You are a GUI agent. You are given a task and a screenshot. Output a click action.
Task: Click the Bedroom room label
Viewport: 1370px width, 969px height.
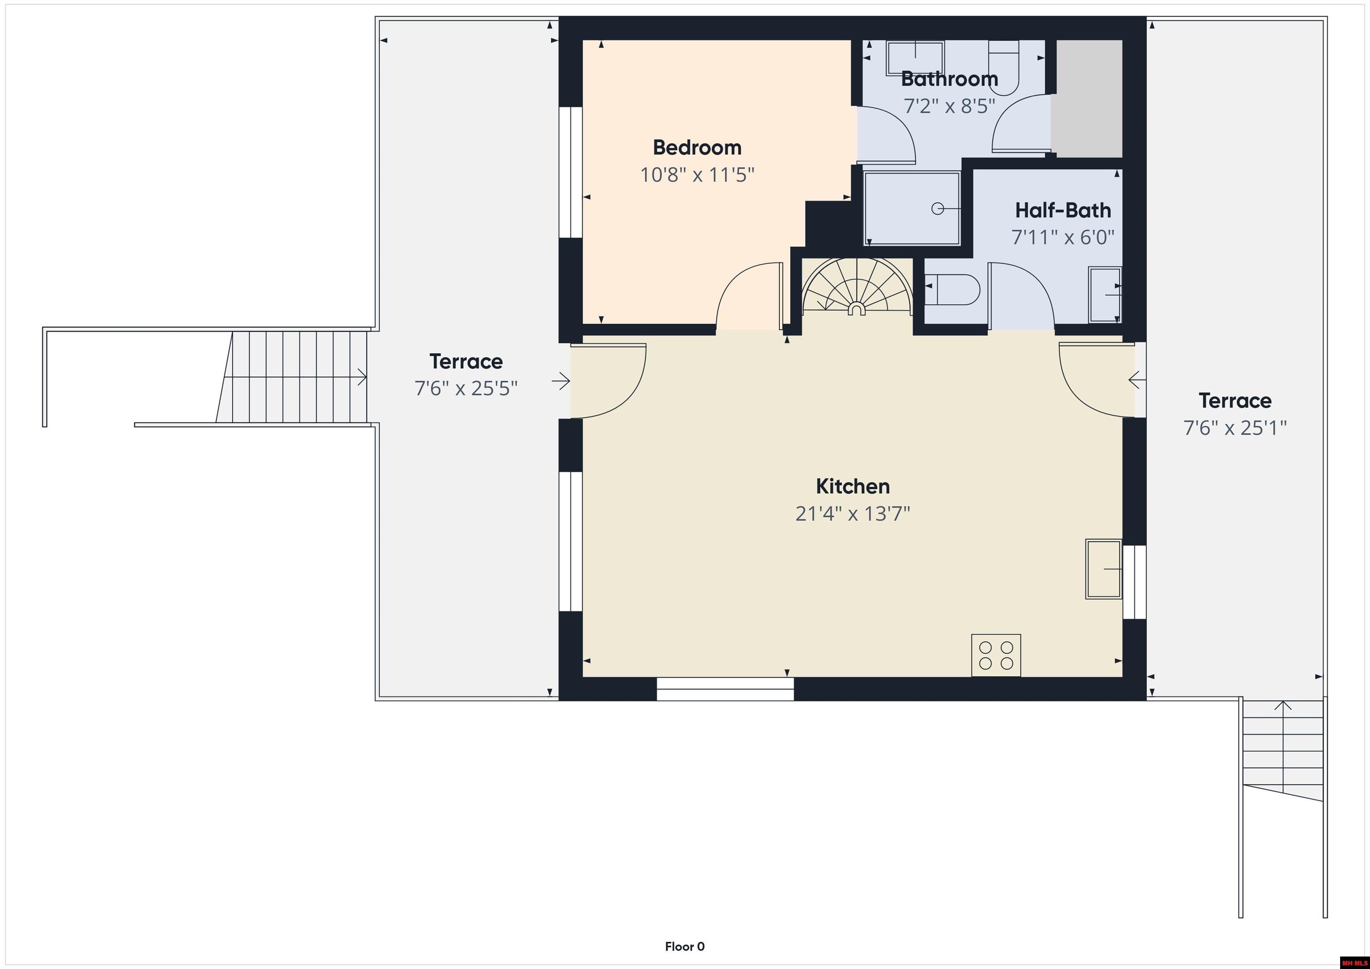[x=697, y=147]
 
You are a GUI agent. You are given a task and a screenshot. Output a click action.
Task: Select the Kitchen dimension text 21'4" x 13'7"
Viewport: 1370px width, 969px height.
[x=852, y=514]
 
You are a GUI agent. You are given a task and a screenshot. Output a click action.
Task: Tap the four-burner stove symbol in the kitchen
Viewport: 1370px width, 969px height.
[x=996, y=655]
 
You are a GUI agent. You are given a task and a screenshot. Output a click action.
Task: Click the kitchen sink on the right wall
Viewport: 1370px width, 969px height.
[x=1103, y=569]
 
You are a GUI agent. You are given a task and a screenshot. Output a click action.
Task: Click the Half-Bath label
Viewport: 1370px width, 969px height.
[x=1063, y=210]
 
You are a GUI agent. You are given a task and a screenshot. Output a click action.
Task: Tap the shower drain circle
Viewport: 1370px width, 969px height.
[x=937, y=209]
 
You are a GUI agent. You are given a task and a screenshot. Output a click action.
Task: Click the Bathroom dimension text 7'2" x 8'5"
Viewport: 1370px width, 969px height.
[x=949, y=106]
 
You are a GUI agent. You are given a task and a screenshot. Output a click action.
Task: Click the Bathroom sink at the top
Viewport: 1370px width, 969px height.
[x=915, y=57]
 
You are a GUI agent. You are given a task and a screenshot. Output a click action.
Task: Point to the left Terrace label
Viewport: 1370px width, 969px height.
[x=466, y=362]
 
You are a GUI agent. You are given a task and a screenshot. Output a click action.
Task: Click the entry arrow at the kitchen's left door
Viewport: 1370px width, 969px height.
[x=561, y=381]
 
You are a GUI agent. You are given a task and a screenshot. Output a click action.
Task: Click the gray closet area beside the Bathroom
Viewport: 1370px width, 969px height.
[x=1086, y=99]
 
